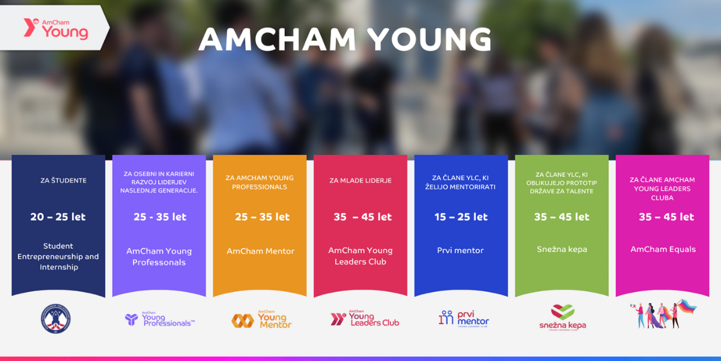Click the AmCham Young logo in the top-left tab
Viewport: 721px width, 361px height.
click(x=56, y=29)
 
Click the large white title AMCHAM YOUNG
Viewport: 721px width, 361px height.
click(x=345, y=39)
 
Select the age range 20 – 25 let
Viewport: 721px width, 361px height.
click(x=58, y=217)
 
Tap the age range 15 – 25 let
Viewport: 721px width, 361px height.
click(x=461, y=217)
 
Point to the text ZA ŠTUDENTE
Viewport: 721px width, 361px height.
click(x=64, y=180)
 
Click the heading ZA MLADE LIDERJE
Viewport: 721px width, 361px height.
click(x=360, y=180)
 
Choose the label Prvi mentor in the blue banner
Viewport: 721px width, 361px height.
click(x=460, y=250)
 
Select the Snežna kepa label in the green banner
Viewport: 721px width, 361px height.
click(x=562, y=249)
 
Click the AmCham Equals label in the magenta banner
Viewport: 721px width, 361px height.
click(x=663, y=250)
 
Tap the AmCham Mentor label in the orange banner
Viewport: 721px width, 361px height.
click(x=260, y=251)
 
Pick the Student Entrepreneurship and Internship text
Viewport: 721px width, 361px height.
click(x=58, y=256)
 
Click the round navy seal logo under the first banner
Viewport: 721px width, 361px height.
click(x=56, y=318)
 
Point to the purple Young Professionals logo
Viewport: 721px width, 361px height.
click(x=160, y=319)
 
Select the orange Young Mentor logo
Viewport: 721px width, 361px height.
click(x=261, y=319)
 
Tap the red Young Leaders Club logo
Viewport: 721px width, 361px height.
click(x=365, y=318)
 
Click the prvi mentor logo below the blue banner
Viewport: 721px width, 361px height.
click(x=463, y=319)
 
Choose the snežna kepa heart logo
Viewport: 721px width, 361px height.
click(x=562, y=318)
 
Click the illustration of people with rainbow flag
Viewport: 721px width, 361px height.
click(x=663, y=314)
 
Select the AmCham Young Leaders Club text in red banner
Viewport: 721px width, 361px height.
click(x=360, y=256)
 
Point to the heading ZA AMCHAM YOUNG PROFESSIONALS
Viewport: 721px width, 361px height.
click(x=260, y=182)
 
